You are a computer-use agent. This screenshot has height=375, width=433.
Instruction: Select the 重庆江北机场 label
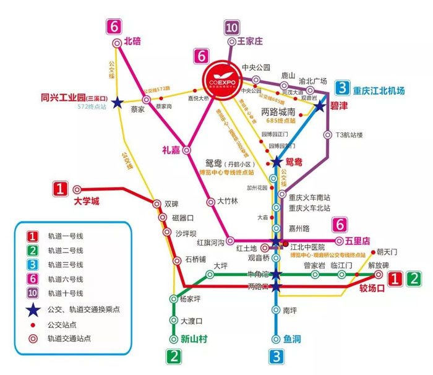[379, 91]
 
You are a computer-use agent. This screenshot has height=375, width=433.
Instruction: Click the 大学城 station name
[86, 201]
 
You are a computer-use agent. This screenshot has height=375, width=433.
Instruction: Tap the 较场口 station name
[372, 288]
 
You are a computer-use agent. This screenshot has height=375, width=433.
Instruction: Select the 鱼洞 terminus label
[292, 339]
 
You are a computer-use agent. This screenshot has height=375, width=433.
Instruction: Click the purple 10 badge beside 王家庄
[232, 27]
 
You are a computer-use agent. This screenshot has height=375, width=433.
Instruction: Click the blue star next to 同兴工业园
[117, 103]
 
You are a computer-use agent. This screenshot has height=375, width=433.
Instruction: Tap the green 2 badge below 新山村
[175, 356]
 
